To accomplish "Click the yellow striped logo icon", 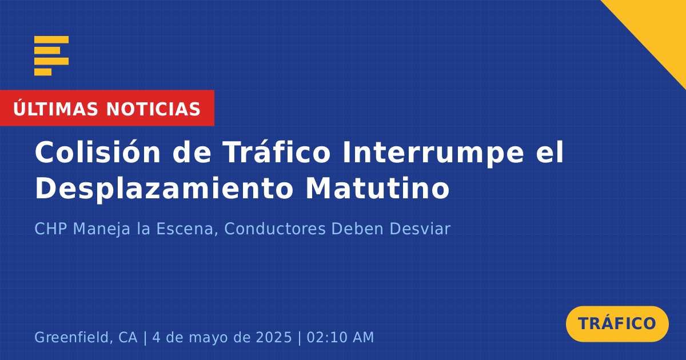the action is (x=51, y=56).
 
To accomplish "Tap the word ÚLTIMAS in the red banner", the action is (x=55, y=109).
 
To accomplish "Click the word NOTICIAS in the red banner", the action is (x=153, y=109).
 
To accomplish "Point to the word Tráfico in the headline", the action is (x=277, y=152).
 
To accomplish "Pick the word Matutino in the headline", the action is (x=378, y=189).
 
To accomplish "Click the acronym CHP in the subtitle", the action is (x=51, y=229).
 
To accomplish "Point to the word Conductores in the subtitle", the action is (x=275, y=229).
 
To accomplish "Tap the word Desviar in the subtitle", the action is (x=391, y=229).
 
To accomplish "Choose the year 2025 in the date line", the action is (x=274, y=337).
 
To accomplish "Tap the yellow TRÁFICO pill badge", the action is (x=617, y=323).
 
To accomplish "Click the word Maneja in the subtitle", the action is (x=102, y=229).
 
